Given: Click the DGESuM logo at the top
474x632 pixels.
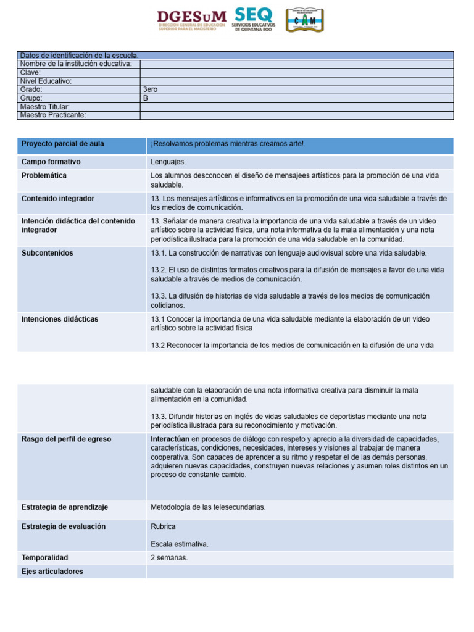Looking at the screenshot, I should click(x=192, y=20).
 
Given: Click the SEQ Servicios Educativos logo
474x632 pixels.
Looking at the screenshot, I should click(x=254, y=20).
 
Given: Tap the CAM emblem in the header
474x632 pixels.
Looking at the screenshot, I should click(x=304, y=20).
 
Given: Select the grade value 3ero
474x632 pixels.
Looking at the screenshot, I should click(x=150, y=89).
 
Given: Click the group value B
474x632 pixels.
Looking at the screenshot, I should click(x=146, y=98).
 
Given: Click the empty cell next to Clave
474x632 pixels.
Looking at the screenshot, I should click(x=296, y=72).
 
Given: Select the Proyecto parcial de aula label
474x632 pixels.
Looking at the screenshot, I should click(x=62, y=144).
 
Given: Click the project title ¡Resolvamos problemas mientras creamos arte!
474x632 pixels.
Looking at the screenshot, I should click(x=227, y=144).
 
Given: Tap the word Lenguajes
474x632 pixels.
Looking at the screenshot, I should click(x=168, y=162).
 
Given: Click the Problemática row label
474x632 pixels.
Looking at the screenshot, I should click(x=44, y=175).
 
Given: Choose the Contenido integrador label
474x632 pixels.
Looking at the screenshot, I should click(x=58, y=199).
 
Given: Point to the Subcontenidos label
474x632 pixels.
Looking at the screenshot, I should click(x=47, y=253).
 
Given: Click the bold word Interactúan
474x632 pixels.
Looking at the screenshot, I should click(x=170, y=439).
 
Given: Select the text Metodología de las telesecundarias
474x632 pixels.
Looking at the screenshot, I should click(x=208, y=507).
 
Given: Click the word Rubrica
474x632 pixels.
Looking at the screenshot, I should click(x=163, y=526).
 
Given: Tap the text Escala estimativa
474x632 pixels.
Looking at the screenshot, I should click(x=180, y=544).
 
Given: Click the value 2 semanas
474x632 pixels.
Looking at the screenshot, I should click(x=169, y=557).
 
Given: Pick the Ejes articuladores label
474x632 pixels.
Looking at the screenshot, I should click(x=52, y=572).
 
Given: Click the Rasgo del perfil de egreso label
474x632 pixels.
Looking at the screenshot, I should click(x=66, y=439).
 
